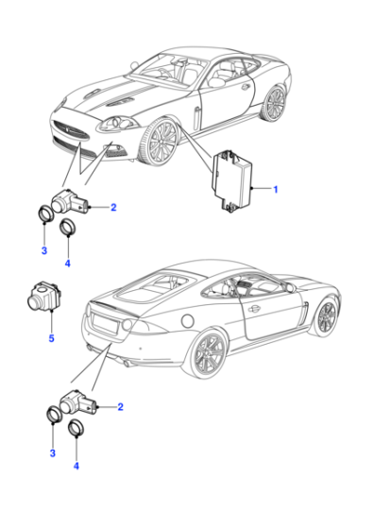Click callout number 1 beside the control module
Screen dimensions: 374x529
pos(276,189)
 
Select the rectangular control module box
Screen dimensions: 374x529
pos(231,181)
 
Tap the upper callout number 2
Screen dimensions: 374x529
pos(113,207)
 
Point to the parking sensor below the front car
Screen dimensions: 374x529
pos(70,203)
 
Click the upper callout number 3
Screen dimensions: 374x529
pos(44,250)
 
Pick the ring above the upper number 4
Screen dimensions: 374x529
pos(67,227)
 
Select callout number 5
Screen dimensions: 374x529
pos(51,338)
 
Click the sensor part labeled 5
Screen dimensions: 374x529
pos(43,296)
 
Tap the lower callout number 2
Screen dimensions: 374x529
pos(120,407)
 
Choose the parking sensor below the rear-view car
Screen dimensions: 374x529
pos(78,403)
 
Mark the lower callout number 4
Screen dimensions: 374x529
pos(76,466)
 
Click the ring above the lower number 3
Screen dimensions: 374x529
pos(54,414)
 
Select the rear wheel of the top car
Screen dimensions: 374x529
pos(273,103)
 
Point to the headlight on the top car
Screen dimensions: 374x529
pos(119,124)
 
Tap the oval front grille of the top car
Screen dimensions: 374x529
pos(70,130)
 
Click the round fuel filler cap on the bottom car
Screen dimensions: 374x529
pos(187,320)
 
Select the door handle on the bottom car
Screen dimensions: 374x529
pos(254,308)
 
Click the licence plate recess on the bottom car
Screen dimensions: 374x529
pos(106,323)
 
